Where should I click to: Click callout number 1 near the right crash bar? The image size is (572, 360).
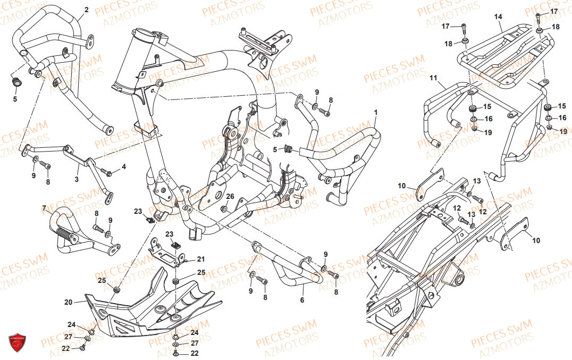375,113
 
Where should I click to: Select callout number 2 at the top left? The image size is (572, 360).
87,10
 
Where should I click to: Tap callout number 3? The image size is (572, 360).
77,180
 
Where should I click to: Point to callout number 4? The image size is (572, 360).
124,167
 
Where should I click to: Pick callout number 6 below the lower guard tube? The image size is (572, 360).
302,300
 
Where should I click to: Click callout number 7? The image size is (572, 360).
45,207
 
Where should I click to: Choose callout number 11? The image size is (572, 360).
433,78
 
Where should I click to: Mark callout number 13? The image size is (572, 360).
477,181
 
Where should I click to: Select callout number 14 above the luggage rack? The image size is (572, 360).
498,17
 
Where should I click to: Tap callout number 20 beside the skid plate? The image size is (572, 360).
68,302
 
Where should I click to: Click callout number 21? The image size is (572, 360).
200,259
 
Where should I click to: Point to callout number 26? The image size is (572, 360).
229,196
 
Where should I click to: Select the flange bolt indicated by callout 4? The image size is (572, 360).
108,173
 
